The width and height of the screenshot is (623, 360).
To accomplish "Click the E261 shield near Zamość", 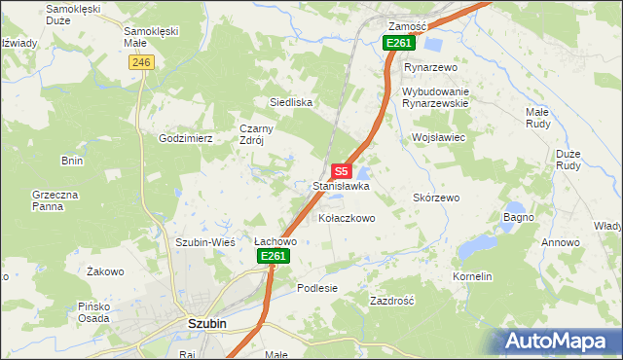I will coord(399,43).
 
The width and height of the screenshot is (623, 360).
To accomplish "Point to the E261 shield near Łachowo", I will coord(274,256).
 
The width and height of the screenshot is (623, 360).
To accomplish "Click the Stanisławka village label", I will coord(341,185).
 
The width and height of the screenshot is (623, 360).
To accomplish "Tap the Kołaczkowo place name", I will coord(347,219).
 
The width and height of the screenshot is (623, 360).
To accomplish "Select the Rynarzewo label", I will coord(430,67).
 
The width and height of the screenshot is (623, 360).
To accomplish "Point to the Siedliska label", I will coord(290,101).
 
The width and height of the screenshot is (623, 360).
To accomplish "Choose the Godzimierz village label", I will coord(186,138).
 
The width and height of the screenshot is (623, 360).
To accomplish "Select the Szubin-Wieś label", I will coord(202,241).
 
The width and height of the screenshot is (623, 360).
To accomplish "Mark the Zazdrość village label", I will coord(392,301).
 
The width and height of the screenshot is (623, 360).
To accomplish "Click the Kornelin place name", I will coord(472,276).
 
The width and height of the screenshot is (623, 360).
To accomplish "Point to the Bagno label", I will coord(518,216).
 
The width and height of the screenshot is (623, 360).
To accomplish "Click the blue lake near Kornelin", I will coord(478,248).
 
